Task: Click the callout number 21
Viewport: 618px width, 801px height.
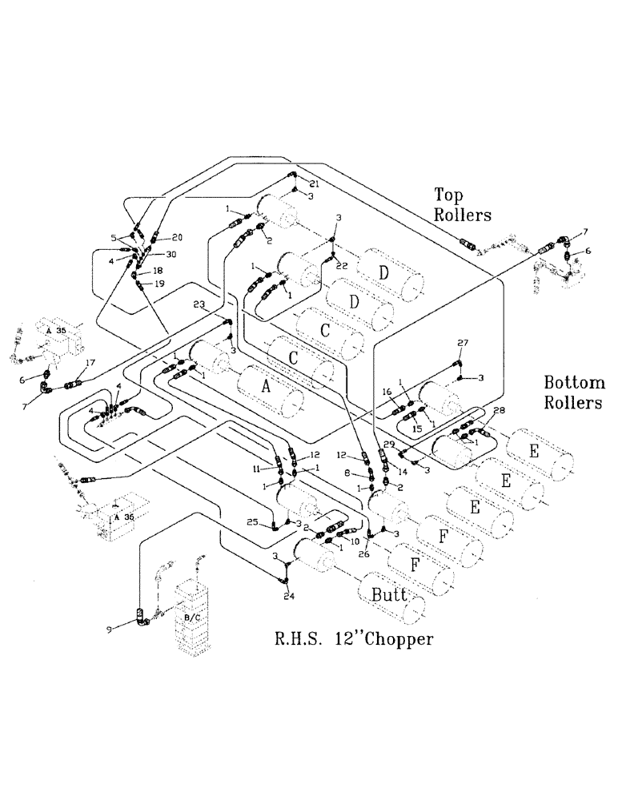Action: tap(314, 184)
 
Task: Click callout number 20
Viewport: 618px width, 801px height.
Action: tap(177, 237)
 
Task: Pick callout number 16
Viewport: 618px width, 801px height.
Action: tap(386, 392)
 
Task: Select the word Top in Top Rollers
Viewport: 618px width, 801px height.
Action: tap(449, 195)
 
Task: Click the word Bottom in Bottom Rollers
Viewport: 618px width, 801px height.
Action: tap(572, 381)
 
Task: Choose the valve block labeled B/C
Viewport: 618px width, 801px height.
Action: tap(192, 618)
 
